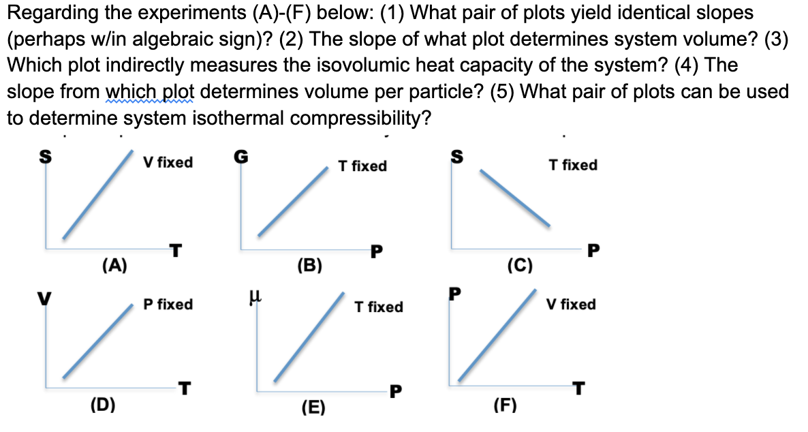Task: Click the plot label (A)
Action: tap(114, 265)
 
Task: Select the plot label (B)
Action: tap(309, 265)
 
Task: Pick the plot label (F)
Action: tap(504, 407)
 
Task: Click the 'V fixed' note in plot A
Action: tap(168, 162)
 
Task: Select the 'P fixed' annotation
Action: tap(168, 304)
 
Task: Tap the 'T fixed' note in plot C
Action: tap(573, 165)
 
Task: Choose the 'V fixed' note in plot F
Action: tap(571, 304)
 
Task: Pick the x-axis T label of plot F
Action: tap(578, 389)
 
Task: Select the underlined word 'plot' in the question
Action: tap(175, 91)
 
